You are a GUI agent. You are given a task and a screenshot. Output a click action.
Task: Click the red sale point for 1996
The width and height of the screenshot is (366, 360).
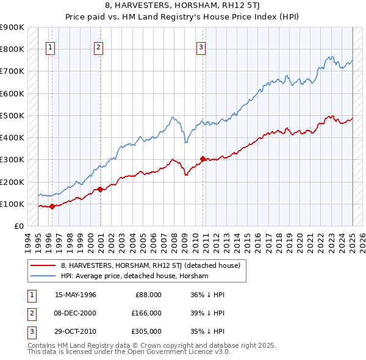pyautogui.click(x=52, y=206)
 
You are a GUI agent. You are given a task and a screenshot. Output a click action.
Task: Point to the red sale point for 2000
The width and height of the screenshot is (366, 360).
pyautogui.click(x=100, y=189)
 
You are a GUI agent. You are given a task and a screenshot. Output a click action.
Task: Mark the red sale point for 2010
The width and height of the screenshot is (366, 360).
pyautogui.click(x=202, y=159)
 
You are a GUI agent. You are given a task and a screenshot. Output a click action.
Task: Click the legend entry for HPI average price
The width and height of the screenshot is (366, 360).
pyautogui.click(x=134, y=276)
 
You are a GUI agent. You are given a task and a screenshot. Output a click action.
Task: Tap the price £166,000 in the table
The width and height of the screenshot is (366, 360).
pyautogui.click(x=146, y=313)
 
